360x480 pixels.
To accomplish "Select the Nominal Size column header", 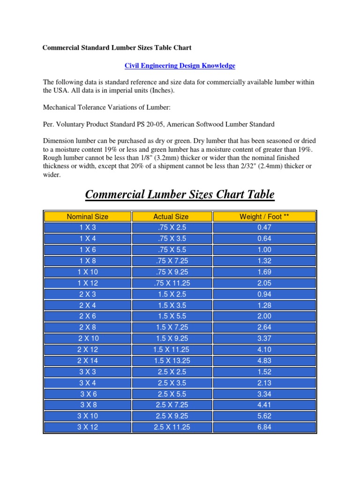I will click(x=88, y=217).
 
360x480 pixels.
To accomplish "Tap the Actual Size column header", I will click(x=171, y=217).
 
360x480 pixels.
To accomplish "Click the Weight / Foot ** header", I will click(x=264, y=217).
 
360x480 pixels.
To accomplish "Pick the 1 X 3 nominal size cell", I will click(x=88, y=227).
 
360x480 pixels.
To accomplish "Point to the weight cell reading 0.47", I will click(x=264, y=227).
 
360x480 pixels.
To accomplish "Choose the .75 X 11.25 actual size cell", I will click(x=171, y=283).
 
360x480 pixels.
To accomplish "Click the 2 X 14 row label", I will click(x=88, y=360).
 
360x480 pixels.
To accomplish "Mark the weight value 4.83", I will click(x=264, y=360).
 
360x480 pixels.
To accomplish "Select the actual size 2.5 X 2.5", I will click(x=171, y=372).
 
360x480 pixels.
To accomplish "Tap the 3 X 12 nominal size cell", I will click(x=88, y=427).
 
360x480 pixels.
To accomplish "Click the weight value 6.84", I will click(x=264, y=427).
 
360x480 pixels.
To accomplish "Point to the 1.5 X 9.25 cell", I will click(x=171, y=338).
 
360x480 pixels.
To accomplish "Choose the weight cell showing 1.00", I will click(x=264, y=249).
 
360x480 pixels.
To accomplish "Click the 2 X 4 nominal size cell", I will click(x=88, y=305).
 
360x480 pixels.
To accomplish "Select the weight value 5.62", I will click(x=264, y=416).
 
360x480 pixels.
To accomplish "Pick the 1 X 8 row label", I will click(x=88, y=261).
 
